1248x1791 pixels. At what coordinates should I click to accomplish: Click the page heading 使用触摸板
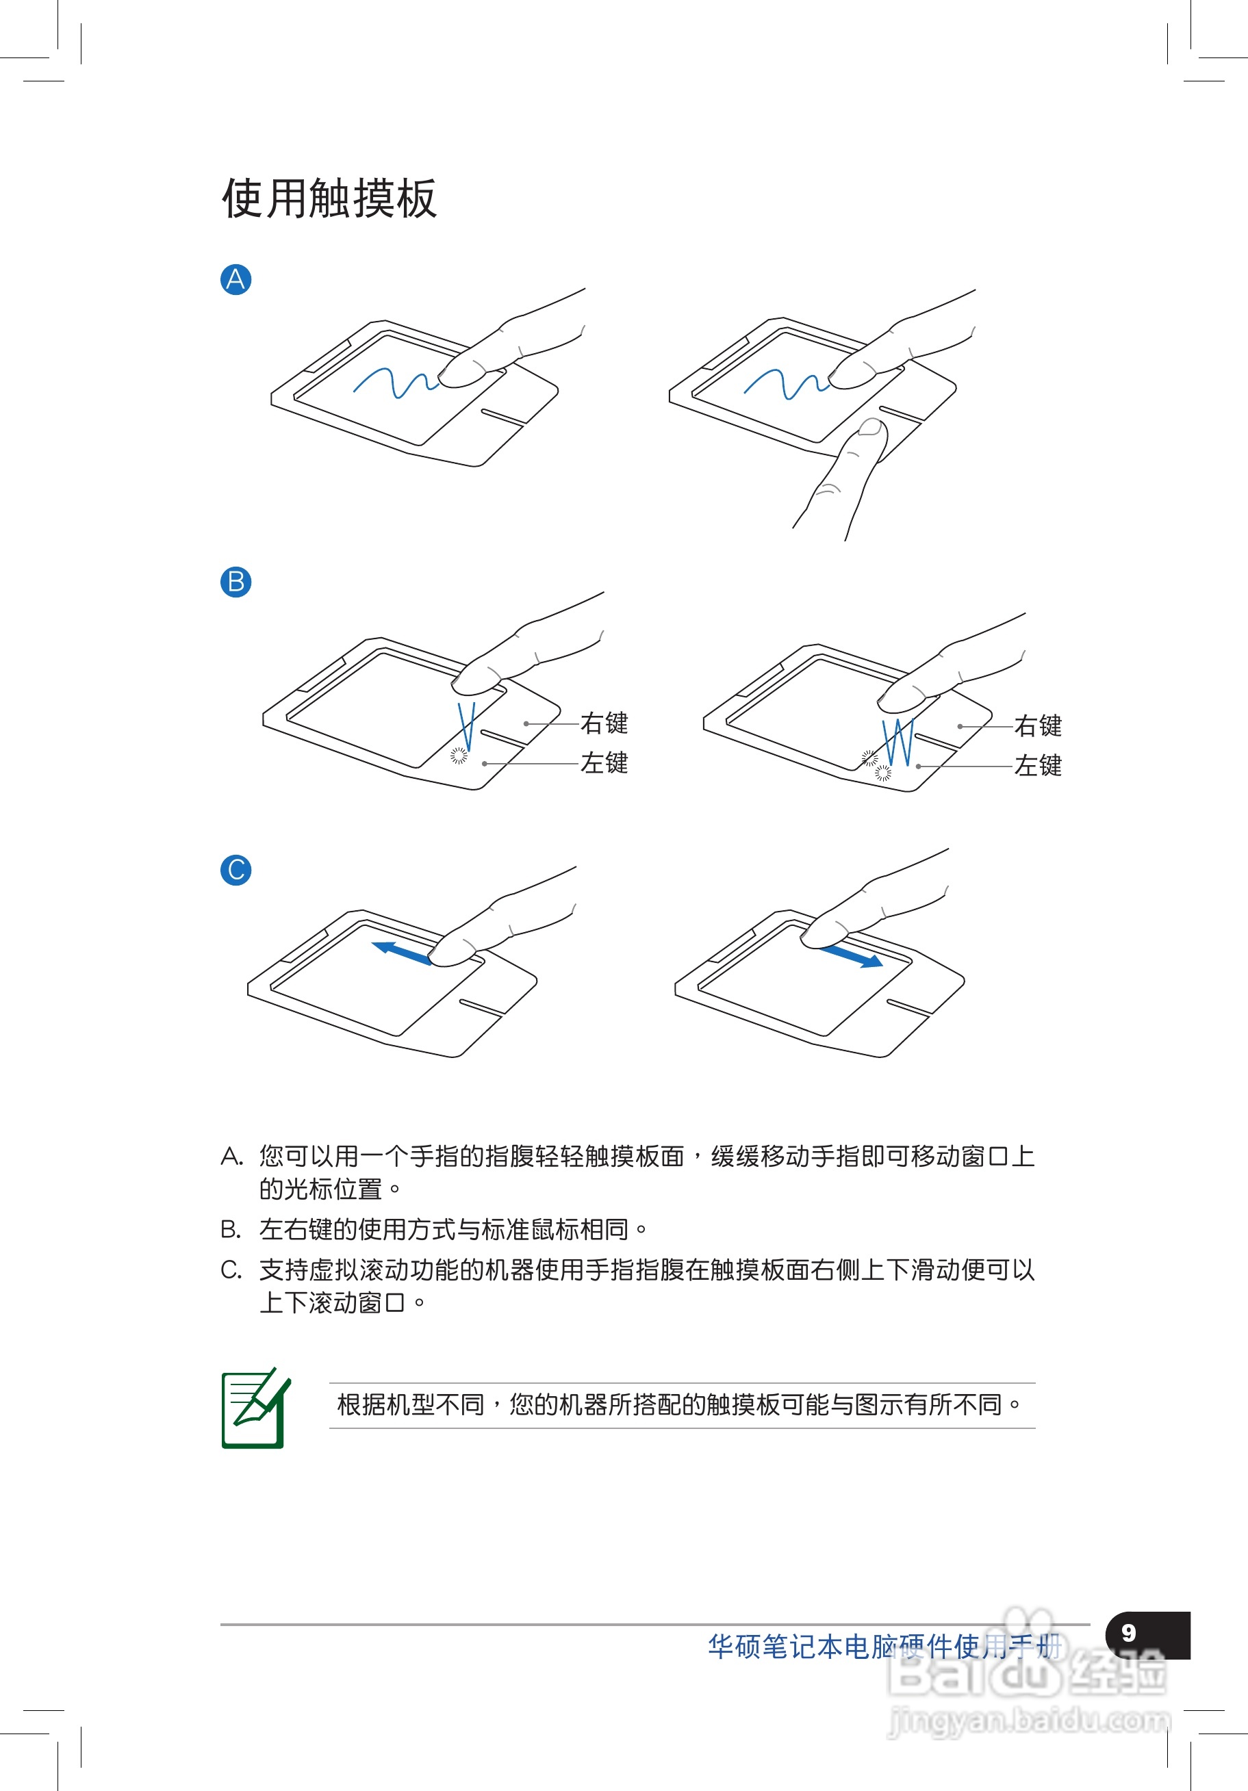pos(329,198)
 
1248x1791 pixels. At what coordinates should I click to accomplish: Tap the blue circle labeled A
pos(235,279)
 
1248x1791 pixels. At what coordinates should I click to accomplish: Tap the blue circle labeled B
pos(235,582)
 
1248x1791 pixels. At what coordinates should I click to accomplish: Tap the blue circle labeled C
pos(235,870)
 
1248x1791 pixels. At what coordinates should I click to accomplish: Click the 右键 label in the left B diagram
pos(603,723)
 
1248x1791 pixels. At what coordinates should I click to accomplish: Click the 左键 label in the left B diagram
pos(603,763)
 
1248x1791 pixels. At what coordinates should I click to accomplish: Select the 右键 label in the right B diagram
pos(1037,725)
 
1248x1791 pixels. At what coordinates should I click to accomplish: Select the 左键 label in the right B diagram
pos(1037,765)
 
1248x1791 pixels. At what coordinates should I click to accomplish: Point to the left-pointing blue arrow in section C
pos(400,953)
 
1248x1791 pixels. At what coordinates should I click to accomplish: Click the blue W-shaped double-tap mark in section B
pos(897,743)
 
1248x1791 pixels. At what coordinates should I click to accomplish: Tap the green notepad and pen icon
pos(255,1408)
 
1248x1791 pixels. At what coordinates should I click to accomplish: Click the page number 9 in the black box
pos(1129,1633)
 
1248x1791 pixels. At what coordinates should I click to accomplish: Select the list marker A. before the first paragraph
pos(232,1156)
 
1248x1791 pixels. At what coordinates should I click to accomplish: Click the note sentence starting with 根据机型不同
pos(678,1405)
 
